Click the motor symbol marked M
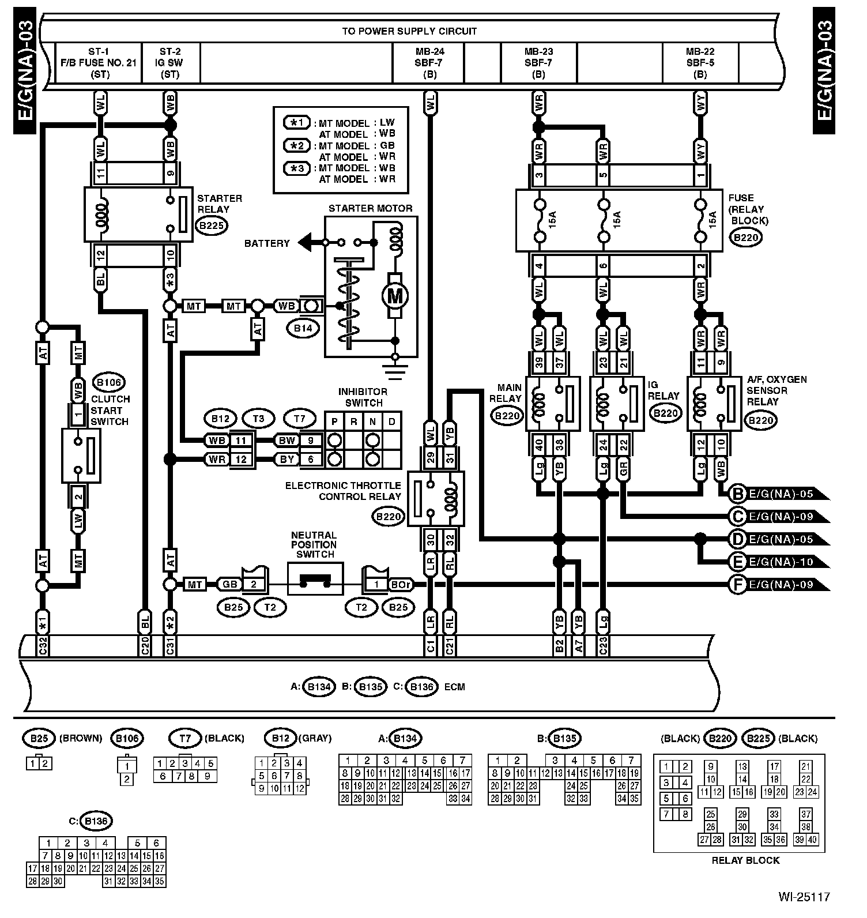[x=395, y=296]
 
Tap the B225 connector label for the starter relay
[x=211, y=225]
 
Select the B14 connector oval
[x=303, y=329]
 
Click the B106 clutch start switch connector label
[x=110, y=382]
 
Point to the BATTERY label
[x=267, y=243]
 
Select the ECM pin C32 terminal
[x=42, y=647]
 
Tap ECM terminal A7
[x=579, y=647]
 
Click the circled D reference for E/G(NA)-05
[x=737, y=539]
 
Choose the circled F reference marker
[x=737, y=584]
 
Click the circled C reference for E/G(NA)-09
[x=737, y=516]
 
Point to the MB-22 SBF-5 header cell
[x=700, y=63]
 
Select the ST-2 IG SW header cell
[x=171, y=63]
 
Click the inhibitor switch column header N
[x=373, y=422]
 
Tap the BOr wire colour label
[x=401, y=584]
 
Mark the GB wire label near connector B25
[x=229, y=584]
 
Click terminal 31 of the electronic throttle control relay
[x=450, y=458]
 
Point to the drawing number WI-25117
[x=804, y=897]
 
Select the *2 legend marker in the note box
[x=297, y=145]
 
